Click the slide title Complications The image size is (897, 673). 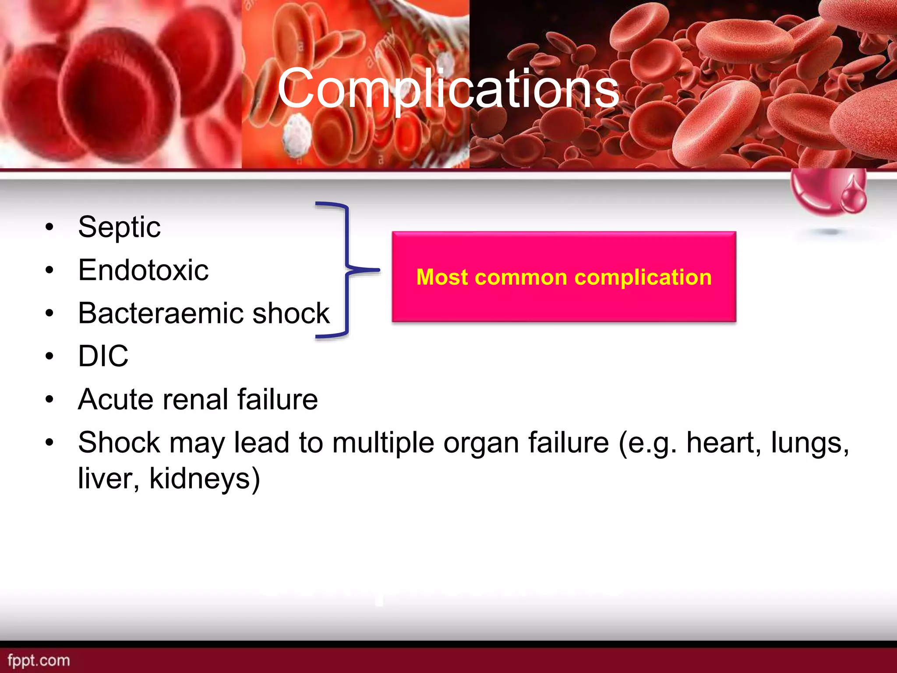tap(448, 89)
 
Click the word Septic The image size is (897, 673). tap(119, 227)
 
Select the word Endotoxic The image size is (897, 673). tap(143, 270)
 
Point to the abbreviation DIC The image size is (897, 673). tap(103, 356)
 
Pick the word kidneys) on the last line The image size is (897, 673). tap(205, 478)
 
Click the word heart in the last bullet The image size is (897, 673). tap(723, 443)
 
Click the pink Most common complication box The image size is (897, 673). tap(564, 277)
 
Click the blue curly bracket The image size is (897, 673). tap(347, 270)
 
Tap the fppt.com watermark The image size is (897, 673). tap(39, 660)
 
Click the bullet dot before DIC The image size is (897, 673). tap(49, 356)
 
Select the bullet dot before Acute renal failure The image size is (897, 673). tap(49, 400)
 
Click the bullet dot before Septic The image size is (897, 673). tap(49, 227)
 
